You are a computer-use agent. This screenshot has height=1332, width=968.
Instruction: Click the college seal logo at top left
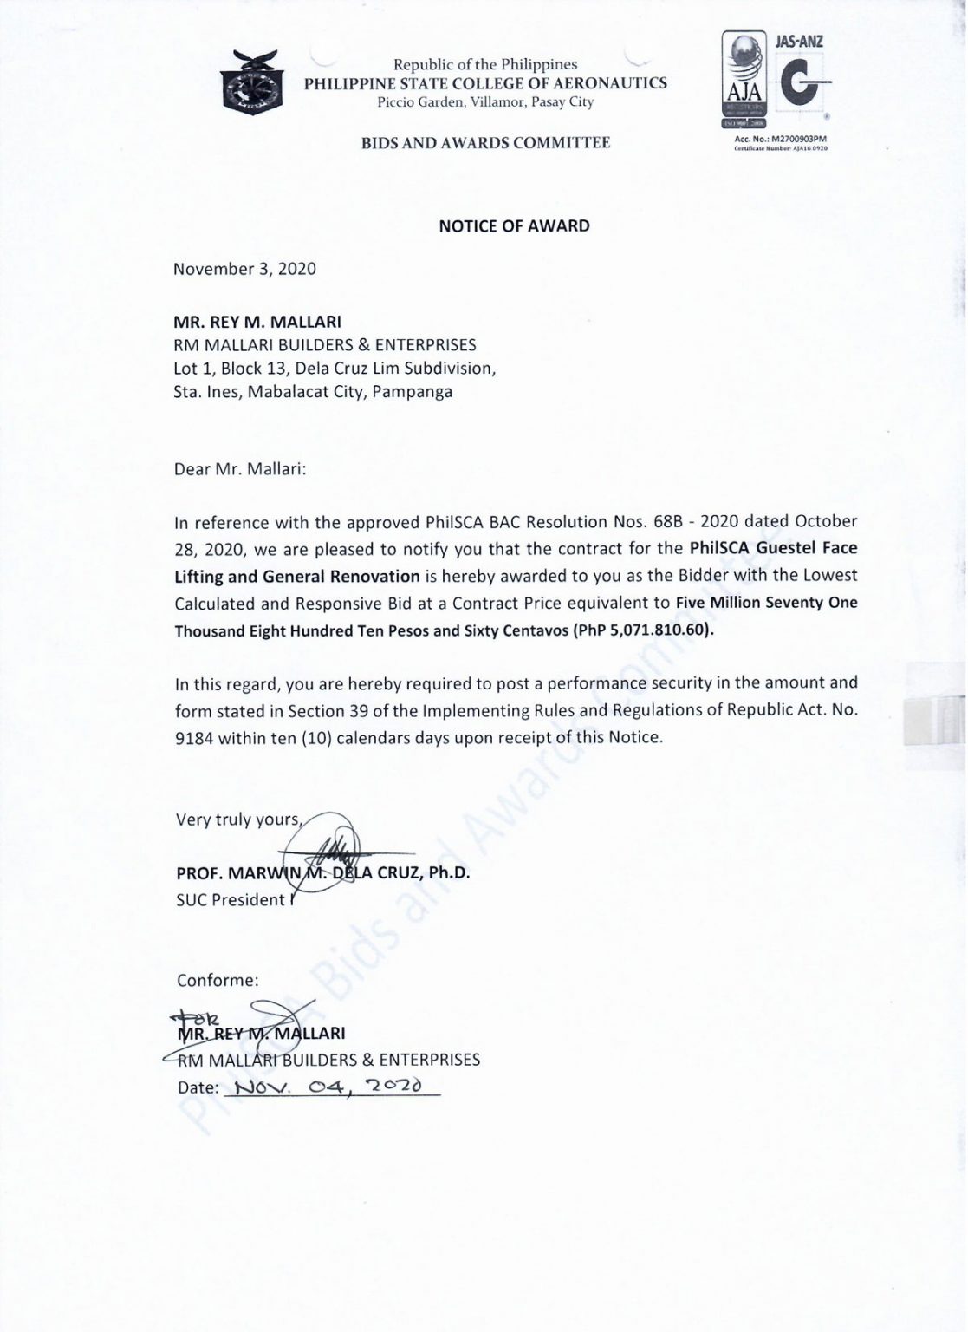[x=252, y=82]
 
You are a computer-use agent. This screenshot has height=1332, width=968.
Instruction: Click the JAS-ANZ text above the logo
[x=799, y=41]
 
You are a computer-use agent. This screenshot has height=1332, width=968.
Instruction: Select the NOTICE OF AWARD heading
[x=514, y=226]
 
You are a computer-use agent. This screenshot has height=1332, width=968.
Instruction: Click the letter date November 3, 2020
[x=244, y=269]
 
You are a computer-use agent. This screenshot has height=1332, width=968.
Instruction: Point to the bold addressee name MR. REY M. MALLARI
[x=257, y=323]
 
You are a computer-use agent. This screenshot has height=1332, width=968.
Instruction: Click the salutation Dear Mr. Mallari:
[x=240, y=469]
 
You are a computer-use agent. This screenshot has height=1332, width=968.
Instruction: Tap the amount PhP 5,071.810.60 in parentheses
[x=643, y=630]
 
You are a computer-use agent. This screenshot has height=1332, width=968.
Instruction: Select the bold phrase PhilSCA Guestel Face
[x=773, y=548]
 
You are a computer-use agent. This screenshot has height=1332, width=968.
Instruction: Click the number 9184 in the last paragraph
[x=193, y=739]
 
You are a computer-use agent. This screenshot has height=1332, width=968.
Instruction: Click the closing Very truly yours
[x=237, y=819]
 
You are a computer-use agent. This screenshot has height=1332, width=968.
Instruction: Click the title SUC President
[x=230, y=900]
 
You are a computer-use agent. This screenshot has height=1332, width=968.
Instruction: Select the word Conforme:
[x=218, y=981]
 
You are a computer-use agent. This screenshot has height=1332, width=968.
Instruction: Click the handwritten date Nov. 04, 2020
[x=329, y=1087]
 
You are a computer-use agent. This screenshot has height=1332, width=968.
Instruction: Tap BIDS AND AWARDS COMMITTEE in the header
[x=485, y=143]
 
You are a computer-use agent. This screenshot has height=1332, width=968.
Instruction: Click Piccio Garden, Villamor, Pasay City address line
[x=485, y=102]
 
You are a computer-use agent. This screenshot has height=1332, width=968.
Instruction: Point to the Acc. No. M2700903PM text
[x=780, y=139]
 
